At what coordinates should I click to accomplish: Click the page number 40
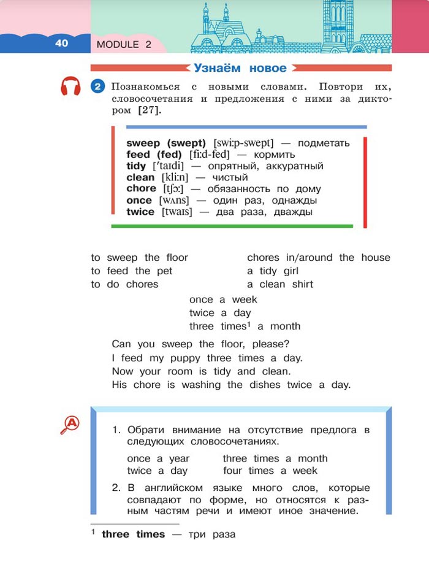tap(61, 43)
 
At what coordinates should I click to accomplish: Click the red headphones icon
tap(71, 87)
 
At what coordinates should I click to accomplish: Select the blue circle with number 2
tap(97, 87)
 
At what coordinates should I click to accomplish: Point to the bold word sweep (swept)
tap(166, 143)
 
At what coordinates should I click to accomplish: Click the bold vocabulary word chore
tap(141, 188)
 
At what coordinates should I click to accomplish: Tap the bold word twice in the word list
tap(140, 212)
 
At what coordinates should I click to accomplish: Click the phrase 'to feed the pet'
tap(132, 271)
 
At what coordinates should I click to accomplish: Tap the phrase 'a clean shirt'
tap(280, 285)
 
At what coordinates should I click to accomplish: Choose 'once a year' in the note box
tap(158, 458)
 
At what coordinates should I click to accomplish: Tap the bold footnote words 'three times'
tap(133, 534)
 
